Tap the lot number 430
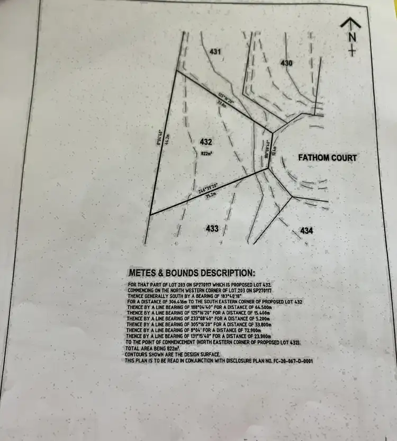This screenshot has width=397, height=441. click(286, 63)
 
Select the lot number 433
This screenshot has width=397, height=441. click(212, 228)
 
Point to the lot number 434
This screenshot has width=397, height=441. click(306, 231)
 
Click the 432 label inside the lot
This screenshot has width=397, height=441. click(206, 142)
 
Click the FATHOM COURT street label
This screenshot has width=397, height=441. click(327, 158)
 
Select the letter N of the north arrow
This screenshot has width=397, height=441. click(352, 37)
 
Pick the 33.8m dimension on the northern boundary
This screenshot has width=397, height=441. click(223, 104)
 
